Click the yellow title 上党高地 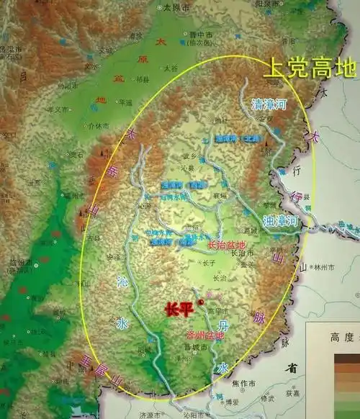pos(310,68)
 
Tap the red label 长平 pos(179,310)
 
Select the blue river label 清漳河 pos(269,104)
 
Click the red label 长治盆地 pos(226,245)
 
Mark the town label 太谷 pos(170,68)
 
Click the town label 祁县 pos(143,81)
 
